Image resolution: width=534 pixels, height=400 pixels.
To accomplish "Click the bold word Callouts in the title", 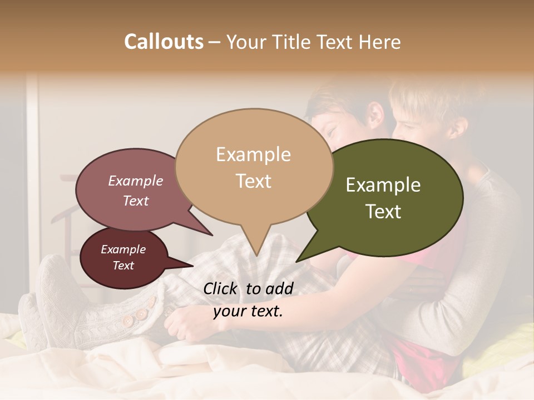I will (x=164, y=42).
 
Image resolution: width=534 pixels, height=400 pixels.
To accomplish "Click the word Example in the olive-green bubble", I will (x=383, y=185).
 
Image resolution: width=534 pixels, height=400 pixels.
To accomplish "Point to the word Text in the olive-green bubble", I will (x=383, y=211).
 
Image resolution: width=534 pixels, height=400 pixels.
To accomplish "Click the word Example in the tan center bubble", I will (x=253, y=154).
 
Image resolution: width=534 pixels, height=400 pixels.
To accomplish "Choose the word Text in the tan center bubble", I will (x=253, y=181).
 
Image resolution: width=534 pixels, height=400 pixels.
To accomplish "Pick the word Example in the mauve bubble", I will (x=136, y=181).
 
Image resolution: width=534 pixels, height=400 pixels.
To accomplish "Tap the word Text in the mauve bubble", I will (x=136, y=201).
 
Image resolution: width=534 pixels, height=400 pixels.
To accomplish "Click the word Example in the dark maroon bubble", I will (x=123, y=249).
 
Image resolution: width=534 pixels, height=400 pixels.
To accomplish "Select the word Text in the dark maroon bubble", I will (x=123, y=266).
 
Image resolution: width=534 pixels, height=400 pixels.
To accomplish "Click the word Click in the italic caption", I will (x=222, y=288).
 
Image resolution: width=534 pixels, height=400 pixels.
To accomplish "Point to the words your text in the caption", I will (x=248, y=311).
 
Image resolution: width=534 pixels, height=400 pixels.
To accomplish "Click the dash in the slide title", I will (x=215, y=42).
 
